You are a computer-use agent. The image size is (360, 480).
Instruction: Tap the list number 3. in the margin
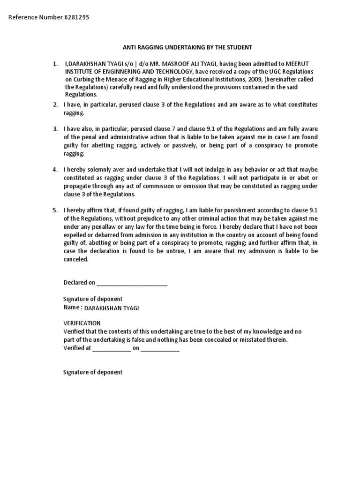point(55,128)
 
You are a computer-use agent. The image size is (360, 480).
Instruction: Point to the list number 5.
point(55,210)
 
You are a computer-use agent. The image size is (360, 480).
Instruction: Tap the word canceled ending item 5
point(75,259)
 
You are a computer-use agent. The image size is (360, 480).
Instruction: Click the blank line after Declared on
point(131,283)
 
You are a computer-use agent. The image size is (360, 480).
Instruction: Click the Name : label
point(73,307)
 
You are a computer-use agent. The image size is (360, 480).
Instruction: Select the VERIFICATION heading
point(82,323)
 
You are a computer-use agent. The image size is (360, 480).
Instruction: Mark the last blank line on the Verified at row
point(160,348)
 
